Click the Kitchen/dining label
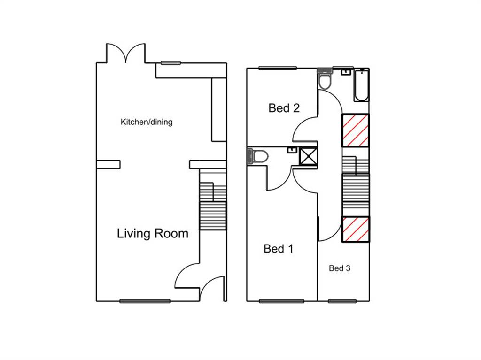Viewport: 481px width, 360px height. coord(147,122)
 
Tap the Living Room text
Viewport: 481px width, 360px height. coord(153,233)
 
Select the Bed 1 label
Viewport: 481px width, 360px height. coord(279,248)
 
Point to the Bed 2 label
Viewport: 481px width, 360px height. coord(284,108)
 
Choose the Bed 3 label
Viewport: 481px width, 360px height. coord(340,268)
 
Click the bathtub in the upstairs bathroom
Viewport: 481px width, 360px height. coord(362,85)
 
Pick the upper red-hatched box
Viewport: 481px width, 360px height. coord(356,130)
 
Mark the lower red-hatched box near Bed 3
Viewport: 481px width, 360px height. coord(356,229)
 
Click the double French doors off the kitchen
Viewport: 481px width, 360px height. coord(126,53)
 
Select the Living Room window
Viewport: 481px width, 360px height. coord(145,301)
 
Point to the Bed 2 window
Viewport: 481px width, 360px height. coord(278,68)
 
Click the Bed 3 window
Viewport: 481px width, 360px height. coord(342,301)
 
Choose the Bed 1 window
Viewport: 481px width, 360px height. coord(282,301)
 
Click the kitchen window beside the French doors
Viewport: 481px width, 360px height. coord(171,63)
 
